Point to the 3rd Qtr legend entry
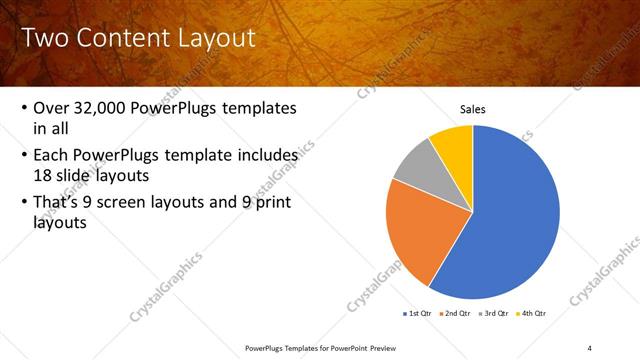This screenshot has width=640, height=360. pos(495,314)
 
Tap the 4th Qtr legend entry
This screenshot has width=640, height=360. pos(534,314)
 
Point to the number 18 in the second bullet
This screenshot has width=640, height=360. pos(44,174)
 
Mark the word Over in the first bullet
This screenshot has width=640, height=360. pos(52,107)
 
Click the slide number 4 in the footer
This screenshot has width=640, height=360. pos(589,347)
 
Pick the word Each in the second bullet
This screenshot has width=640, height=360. pos(52,155)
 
